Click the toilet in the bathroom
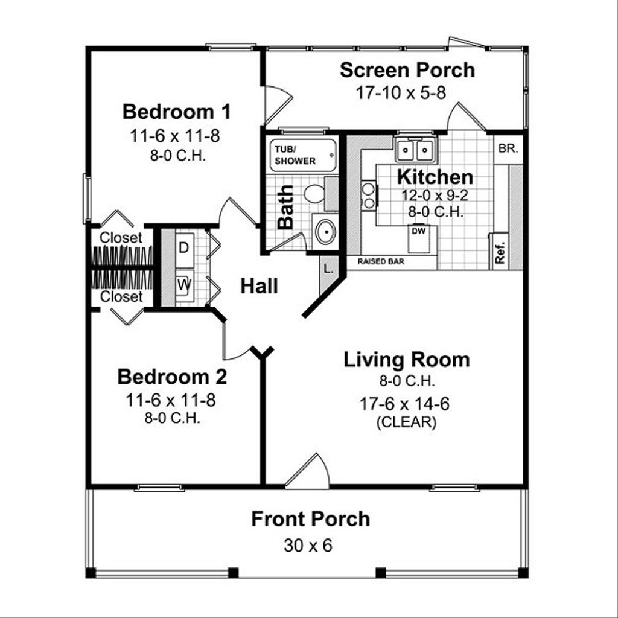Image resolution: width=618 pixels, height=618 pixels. coord(314,194)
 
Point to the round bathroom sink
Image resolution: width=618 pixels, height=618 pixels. coord(325,232)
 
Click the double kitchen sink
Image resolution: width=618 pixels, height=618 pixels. coord(415,149)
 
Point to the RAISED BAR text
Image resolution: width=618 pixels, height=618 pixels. coord(381,262)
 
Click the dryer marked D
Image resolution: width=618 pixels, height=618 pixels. coord(183,248)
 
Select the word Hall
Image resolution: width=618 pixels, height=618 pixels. coord(260,286)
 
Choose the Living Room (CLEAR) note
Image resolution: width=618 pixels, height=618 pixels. coord(406,422)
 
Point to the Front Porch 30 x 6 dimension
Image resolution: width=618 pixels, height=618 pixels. coord(308,546)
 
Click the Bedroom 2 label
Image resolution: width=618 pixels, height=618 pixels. coord(172,377)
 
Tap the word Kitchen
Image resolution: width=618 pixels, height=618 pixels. coord(435,177)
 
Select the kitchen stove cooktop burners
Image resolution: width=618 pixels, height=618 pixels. coord(368,196)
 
